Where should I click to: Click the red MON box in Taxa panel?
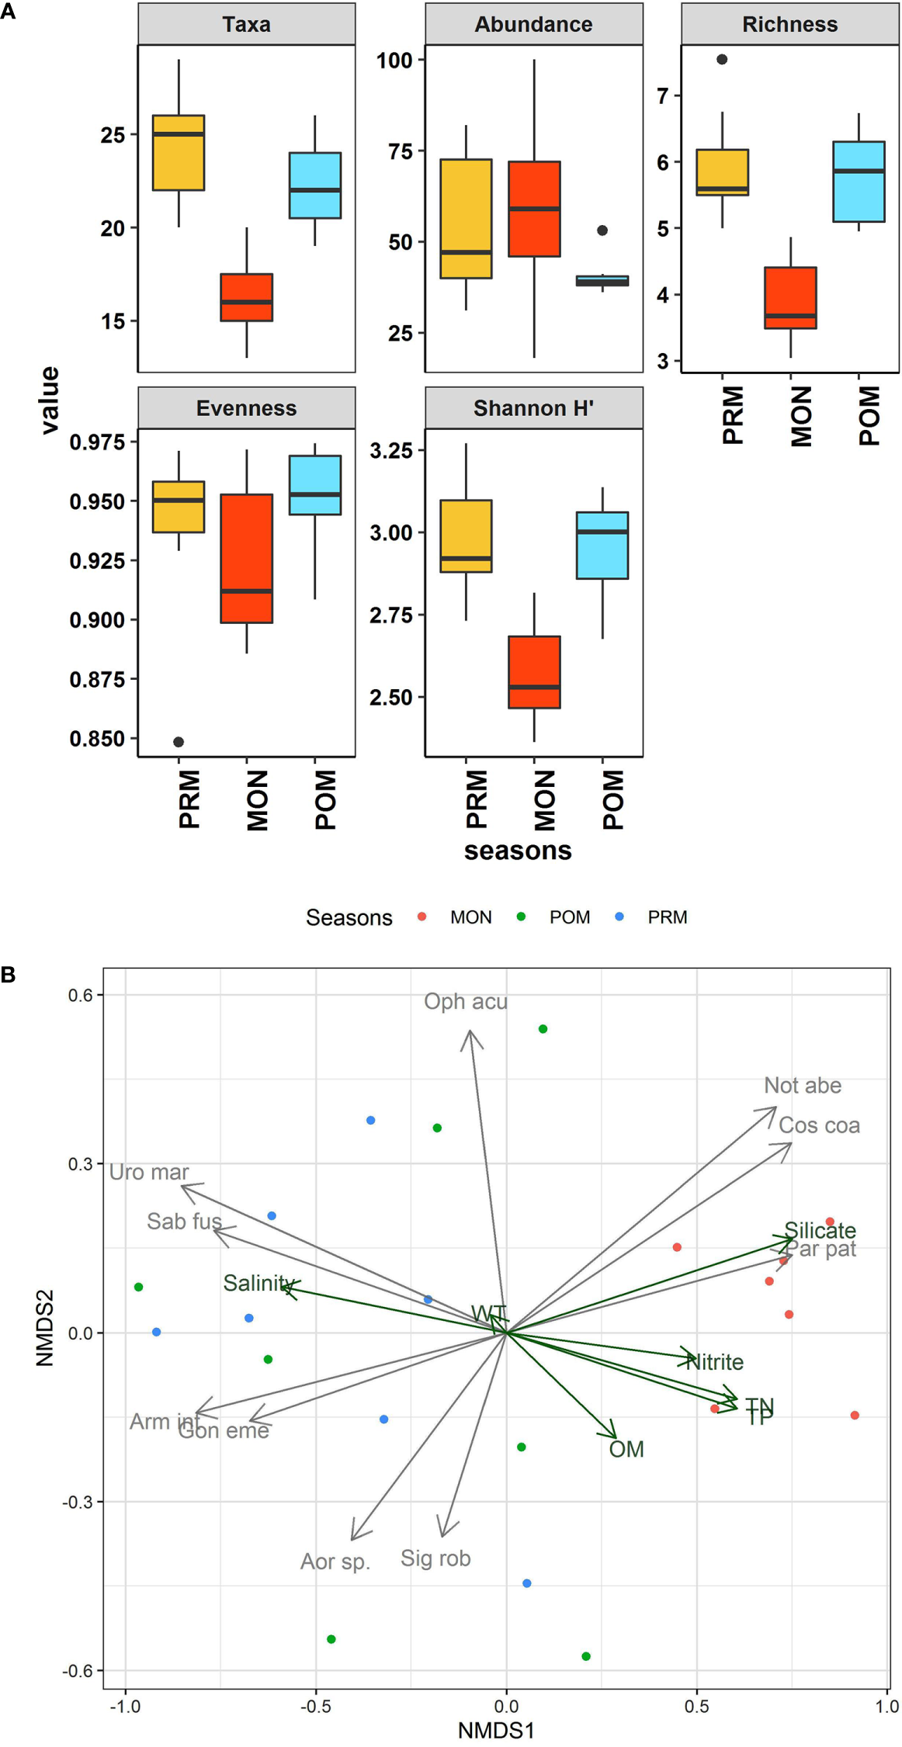pos(246,296)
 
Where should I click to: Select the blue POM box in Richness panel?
pos(859,182)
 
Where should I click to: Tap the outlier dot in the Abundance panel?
pos(602,231)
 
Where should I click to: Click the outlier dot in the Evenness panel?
pos(179,742)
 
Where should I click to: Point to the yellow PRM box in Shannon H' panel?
pos(466,536)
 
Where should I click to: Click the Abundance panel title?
pos(533,24)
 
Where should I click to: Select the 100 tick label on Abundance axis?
pos(394,61)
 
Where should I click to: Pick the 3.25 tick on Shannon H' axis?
pos(391,451)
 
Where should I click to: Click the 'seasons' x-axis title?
pos(518,851)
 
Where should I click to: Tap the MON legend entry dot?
pos(422,917)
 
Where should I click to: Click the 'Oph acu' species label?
pos(465,1001)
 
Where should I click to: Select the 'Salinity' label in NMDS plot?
pos(258,1283)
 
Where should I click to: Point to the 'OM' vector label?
pos(626,1449)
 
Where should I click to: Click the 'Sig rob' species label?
pos(435,1558)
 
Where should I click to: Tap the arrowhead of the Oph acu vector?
pos(470,1033)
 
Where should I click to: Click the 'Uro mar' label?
pos(148,1172)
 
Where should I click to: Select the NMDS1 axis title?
pos(496,1731)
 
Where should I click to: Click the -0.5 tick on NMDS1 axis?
pos(315,1707)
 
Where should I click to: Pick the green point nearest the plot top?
pos(543,1029)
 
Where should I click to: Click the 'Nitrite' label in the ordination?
pos(716,1362)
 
